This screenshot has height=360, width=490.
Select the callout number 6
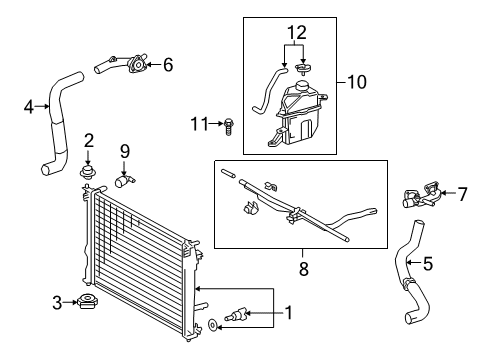[168, 65]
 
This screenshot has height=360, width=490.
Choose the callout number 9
[125, 152]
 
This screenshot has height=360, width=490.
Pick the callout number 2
[89, 141]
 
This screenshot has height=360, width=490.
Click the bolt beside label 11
[229, 125]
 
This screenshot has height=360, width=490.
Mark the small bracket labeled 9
[125, 181]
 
